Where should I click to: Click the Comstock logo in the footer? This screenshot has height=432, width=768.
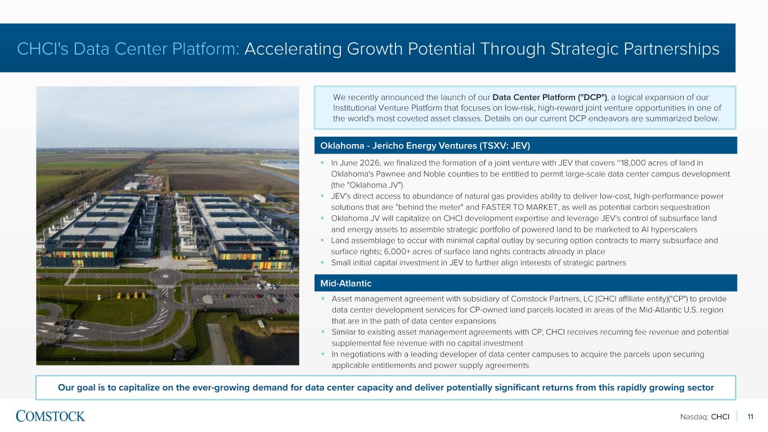(x=50, y=416)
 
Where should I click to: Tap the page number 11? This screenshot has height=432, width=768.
(x=751, y=417)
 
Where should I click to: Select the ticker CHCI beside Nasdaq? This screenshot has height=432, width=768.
(x=720, y=417)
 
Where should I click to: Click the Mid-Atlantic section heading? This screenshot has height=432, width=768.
(x=345, y=283)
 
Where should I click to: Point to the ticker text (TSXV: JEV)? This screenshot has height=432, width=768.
(x=505, y=146)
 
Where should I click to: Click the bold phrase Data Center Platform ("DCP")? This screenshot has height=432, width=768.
(x=550, y=97)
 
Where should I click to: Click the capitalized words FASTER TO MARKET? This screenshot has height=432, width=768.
(x=519, y=208)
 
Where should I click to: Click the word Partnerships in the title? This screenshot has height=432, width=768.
(x=671, y=49)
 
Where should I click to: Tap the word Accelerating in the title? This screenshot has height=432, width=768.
(x=293, y=49)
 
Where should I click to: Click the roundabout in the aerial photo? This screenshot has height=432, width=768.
(x=165, y=276)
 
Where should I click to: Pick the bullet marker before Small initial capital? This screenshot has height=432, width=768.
(x=322, y=263)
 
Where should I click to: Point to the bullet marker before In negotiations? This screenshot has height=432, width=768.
(x=322, y=354)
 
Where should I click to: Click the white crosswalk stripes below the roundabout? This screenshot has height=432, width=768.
(x=165, y=286)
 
